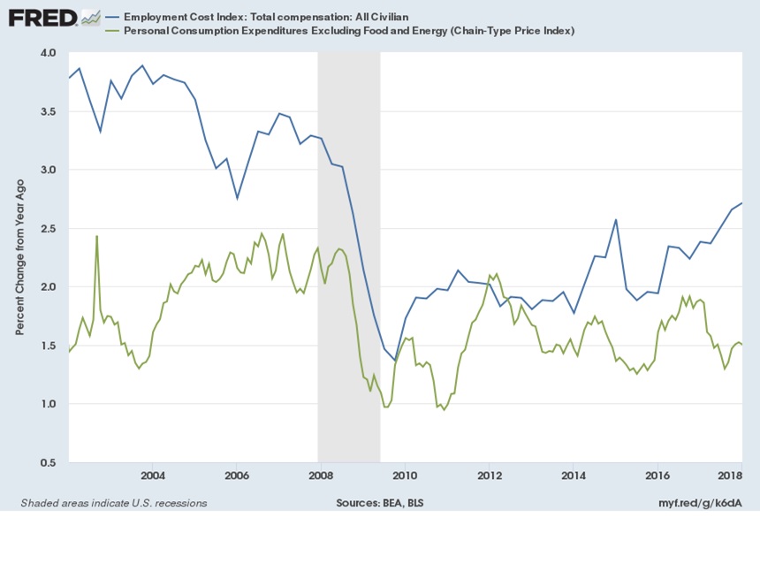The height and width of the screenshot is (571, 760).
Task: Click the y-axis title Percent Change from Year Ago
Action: (19, 257)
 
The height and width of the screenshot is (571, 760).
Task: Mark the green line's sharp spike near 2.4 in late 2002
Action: (96, 236)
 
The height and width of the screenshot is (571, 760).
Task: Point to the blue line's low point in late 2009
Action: (395, 362)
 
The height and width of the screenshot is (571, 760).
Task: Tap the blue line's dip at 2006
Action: (237, 198)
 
